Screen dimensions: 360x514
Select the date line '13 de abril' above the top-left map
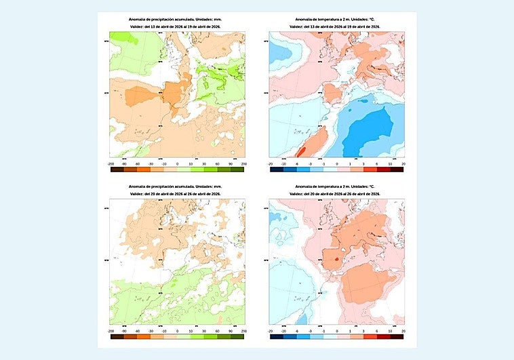(x=177, y=26)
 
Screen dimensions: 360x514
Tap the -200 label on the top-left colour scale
(x=111, y=164)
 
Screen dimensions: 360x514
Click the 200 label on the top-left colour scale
(x=243, y=164)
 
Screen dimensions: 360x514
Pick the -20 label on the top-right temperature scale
(x=270, y=164)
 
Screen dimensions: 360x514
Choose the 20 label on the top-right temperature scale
(x=403, y=164)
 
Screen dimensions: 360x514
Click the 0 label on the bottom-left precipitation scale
(x=177, y=332)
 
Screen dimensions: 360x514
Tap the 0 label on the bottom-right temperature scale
(x=336, y=332)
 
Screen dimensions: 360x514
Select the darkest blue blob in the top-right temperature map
(x=370, y=132)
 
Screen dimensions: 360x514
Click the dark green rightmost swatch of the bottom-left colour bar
(x=237, y=338)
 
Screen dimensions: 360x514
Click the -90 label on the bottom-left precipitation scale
(x=123, y=332)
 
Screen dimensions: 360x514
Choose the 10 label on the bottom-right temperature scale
(x=389, y=332)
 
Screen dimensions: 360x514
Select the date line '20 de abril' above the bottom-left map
(x=177, y=194)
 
